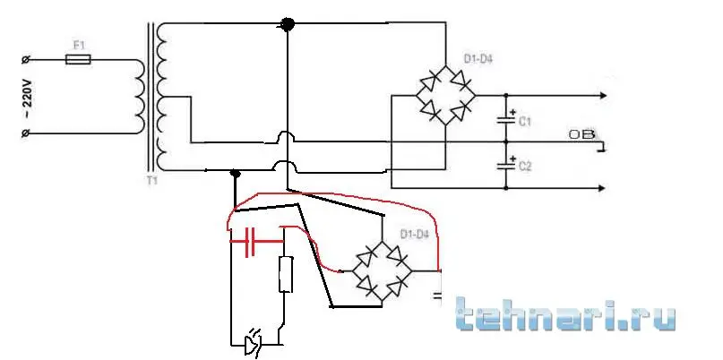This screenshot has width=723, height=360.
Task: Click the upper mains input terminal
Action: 26,60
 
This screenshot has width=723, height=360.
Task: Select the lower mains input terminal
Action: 26,133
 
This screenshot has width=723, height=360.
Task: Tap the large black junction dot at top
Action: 288,25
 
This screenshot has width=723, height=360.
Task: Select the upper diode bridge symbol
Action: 445,96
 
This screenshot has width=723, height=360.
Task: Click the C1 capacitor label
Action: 525,119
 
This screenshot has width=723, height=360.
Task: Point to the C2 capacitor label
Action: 525,167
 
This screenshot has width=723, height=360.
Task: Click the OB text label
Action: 580,135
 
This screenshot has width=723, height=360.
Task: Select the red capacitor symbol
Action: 248,242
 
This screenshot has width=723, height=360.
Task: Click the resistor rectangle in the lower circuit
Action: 286,274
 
